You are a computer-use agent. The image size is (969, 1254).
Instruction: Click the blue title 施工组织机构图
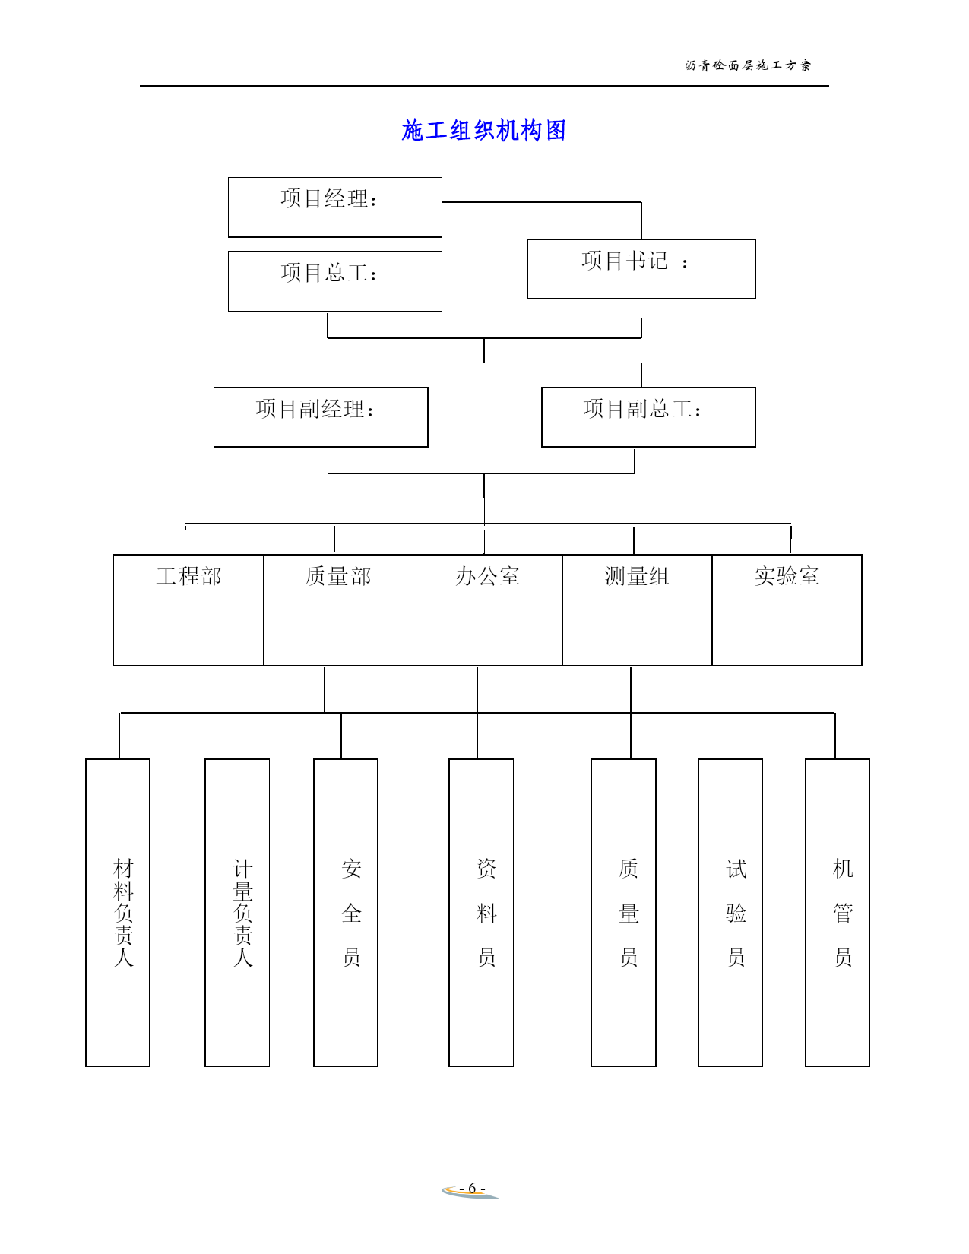(x=483, y=131)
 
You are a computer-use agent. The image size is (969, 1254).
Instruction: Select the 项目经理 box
(x=334, y=207)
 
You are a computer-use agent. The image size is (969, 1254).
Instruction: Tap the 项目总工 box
(x=334, y=281)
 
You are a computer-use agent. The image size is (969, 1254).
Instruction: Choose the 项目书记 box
(x=641, y=269)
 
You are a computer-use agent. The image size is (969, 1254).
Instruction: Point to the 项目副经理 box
(x=321, y=417)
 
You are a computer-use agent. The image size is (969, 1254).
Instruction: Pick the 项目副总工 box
(x=648, y=417)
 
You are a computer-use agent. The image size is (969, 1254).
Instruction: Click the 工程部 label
(x=188, y=577)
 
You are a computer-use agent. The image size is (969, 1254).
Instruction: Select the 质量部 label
(x=338, y=577)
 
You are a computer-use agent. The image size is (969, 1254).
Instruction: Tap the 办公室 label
(x=488, y=577)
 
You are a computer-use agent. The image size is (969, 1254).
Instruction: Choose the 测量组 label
(x=637, y=577)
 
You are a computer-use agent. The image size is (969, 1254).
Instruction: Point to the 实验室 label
(x=787, y=577)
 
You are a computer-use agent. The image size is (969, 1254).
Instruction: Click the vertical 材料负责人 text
(x=124, y=912)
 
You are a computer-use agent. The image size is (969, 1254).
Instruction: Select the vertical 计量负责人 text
(x=243, y=912)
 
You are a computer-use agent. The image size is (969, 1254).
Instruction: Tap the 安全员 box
(x=346, y=912)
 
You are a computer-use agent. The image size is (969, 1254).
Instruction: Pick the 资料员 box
(x=481, y=912)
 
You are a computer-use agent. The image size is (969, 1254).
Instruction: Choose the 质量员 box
(x=623, y=912)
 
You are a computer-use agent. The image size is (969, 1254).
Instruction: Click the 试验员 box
(x=730, y=912)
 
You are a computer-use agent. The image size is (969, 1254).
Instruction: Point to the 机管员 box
(x=837, y=912)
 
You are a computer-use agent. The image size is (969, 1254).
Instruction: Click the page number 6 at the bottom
(x=471, y=1188)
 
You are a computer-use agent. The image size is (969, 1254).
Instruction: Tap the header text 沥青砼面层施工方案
(x=748, y=65)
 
